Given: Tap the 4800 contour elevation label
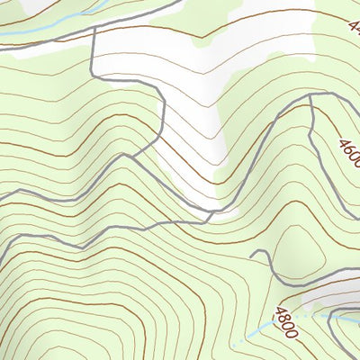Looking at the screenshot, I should [x=287, y=321].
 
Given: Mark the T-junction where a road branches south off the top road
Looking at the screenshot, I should [x=93, y=29].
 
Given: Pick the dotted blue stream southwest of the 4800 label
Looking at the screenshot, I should [x=247, y=335].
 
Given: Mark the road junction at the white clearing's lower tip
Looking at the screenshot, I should [x=212, y=214].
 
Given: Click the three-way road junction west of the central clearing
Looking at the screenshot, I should [x=133, y=156].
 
